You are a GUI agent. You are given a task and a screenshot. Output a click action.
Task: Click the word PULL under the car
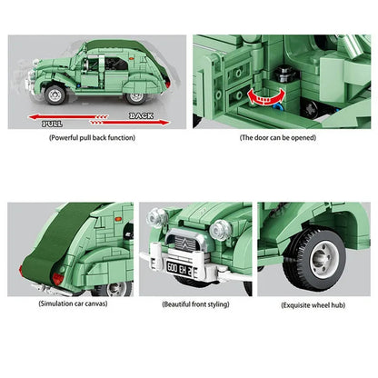tap(52, 124)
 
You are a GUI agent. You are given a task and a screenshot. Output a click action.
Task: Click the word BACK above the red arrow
tap(141, 115)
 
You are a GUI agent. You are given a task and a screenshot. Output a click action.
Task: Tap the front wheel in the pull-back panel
tap(55, 94)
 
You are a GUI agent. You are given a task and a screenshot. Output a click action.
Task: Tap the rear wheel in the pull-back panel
tap(136, 97)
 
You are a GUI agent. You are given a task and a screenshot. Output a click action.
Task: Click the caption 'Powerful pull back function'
tap(92, 138)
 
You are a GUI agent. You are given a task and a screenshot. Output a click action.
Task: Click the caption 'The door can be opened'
tap(278, 138)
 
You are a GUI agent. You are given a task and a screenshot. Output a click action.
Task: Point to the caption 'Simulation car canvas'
tap(73, 303)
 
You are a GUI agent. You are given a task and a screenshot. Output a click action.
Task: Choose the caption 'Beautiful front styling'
tap(195, 304)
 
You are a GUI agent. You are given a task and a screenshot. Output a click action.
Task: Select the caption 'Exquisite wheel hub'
tap(313, 305)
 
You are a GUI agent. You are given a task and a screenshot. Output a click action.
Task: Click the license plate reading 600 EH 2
tap(179, 269)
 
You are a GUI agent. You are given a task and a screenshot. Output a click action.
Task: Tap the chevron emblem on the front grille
tap(185, 244)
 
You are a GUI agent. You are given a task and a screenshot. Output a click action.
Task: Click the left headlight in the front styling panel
tap(157, 217)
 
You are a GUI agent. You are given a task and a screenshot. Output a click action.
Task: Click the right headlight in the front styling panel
tap(220, 230)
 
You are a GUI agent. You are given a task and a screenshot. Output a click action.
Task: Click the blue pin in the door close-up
tap(277, 107)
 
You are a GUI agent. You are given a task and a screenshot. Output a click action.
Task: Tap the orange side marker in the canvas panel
tap(118, 219)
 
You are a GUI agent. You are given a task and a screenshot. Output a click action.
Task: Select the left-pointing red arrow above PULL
tap(68, 117)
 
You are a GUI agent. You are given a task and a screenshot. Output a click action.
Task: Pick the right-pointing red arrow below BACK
tap(130, 123)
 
